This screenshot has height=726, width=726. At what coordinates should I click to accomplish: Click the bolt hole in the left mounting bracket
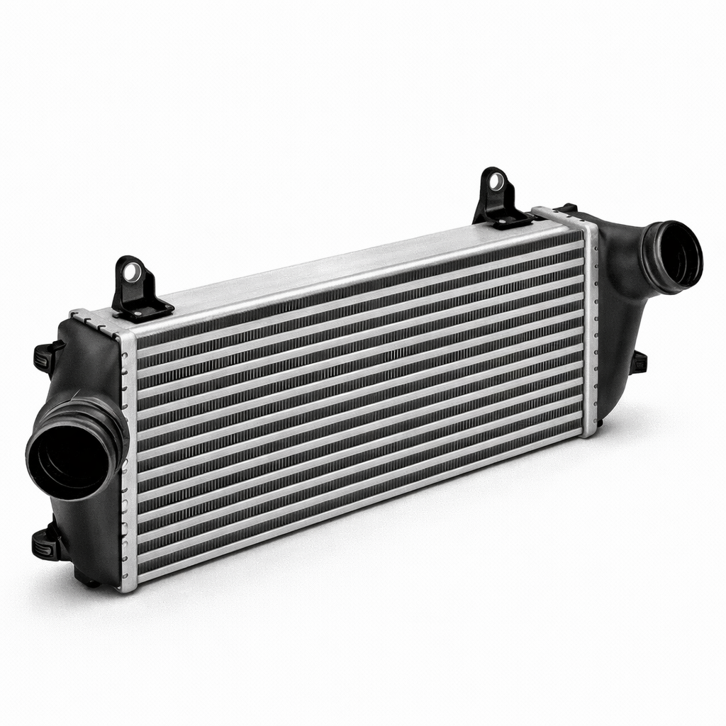pyautogui.click(x=132, y=271)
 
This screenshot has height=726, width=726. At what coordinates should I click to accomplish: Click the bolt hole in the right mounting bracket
pyautogui.click(x=496, y=181)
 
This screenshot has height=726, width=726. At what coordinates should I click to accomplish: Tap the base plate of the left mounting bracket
pyautogui.click(x=145, y=310)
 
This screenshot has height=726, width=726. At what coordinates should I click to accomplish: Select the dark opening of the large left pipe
pyautogui.click(x=69, y=458)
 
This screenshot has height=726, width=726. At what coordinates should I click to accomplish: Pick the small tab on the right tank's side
pyautogui.click(x=639, y=362)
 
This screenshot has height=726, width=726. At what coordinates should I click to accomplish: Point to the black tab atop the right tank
pyautogui.click(x=567, y=208)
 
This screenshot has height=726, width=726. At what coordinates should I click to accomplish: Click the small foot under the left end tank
pyautogui.click(x=91, y=583)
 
